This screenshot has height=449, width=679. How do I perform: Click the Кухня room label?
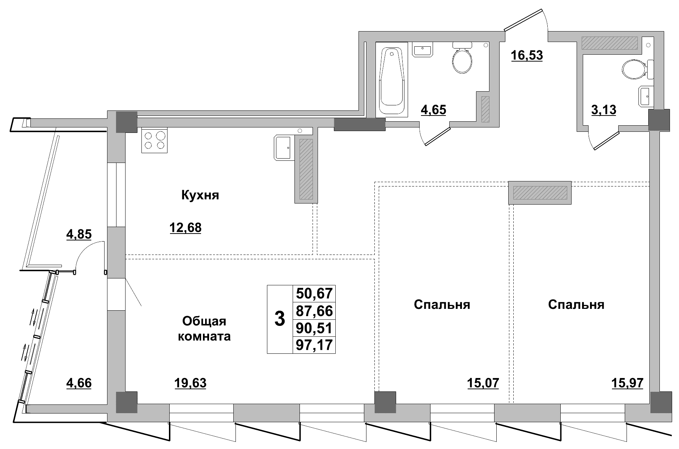(200, 196)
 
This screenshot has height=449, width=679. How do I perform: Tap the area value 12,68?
(185, 228)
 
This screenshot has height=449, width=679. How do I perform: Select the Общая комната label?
(205, 328)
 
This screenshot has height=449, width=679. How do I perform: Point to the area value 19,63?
(190, 383)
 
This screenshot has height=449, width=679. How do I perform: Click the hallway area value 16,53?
(527, 55)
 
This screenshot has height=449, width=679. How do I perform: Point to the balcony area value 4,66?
(79, 383)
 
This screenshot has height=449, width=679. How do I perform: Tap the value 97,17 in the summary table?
(314, 345)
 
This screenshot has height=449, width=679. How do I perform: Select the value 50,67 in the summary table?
(314, 293)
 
